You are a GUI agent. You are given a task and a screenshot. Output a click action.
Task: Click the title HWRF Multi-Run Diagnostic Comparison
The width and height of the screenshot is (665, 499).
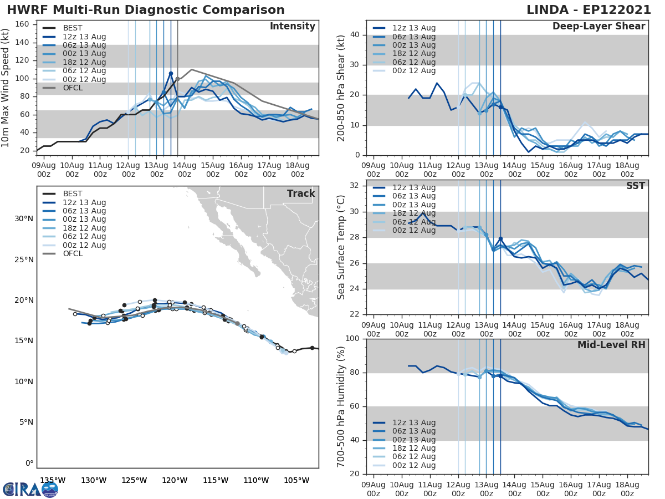point(146,10)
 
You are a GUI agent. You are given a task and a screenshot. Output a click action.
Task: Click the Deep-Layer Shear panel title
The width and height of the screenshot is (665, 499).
point(598,27)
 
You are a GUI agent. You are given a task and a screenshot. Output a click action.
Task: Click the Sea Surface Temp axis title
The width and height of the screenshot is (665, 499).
point(342,247)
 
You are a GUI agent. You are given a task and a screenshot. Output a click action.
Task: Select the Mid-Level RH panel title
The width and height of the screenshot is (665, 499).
point(611,345)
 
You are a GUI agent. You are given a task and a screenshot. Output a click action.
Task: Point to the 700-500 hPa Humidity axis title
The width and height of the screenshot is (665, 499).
point(342,406)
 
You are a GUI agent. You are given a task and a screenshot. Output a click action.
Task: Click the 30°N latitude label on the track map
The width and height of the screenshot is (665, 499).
point(24,218)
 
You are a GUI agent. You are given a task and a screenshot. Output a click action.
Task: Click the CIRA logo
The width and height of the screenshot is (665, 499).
point(30,489)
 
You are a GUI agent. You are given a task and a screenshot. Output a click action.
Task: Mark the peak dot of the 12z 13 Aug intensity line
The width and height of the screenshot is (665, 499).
point(171,73)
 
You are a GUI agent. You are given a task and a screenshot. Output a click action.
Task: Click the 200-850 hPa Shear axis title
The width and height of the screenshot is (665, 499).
point(342,88)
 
